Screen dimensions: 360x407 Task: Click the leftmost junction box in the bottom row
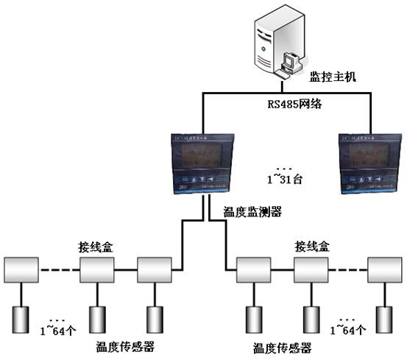(23, 270)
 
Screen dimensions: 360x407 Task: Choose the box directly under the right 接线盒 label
(311, 270)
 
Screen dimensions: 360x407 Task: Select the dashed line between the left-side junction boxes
(60, 270)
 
